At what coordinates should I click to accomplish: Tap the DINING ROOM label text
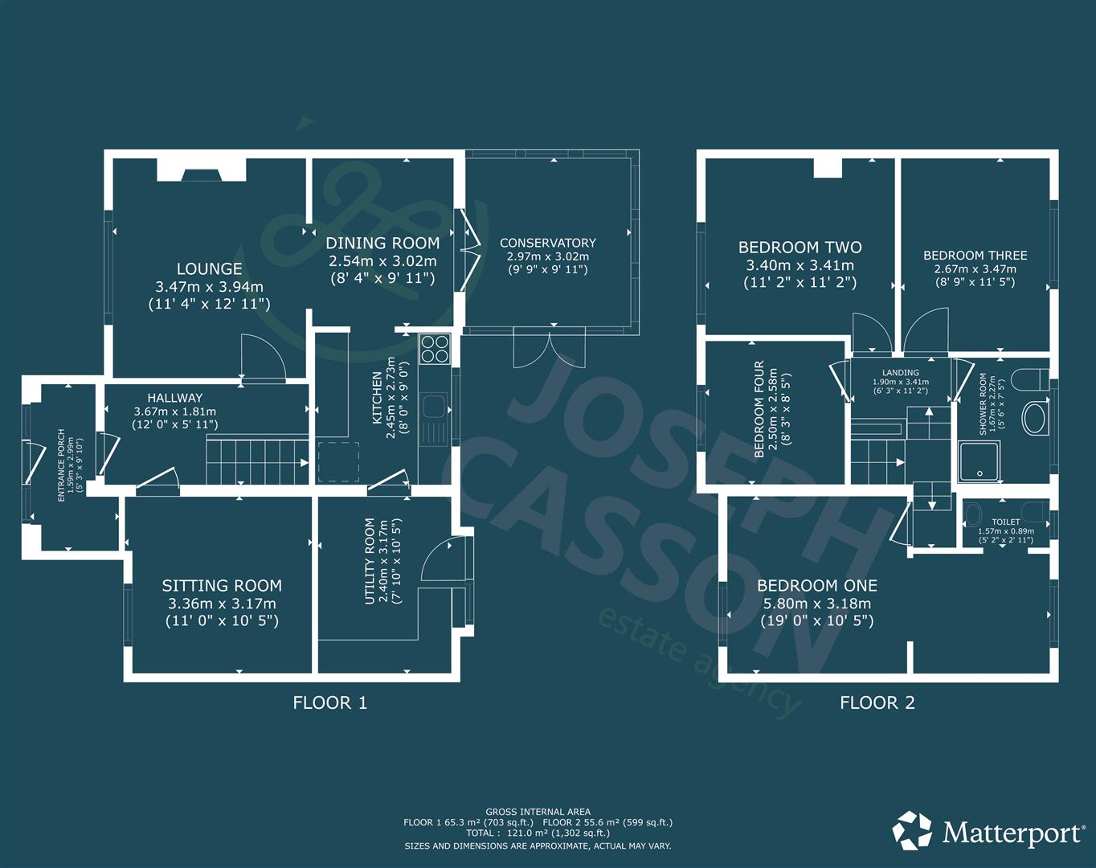point(382,243)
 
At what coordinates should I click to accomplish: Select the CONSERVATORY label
point(548,243)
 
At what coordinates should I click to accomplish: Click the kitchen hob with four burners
point(435,349)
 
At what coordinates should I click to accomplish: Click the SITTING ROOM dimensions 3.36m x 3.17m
point(222,604)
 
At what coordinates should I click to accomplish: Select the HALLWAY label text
point(175,398)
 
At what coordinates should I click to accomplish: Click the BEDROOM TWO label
point(800,248)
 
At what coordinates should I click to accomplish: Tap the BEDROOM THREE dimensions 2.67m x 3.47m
point(975,269)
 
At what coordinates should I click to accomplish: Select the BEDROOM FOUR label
point(759,410)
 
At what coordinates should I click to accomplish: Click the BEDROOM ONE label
point(817,586)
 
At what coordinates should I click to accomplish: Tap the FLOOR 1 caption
point(329,703)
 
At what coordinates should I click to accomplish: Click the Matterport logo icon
point(913,830)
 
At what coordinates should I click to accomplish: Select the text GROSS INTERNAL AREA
point(538,812)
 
